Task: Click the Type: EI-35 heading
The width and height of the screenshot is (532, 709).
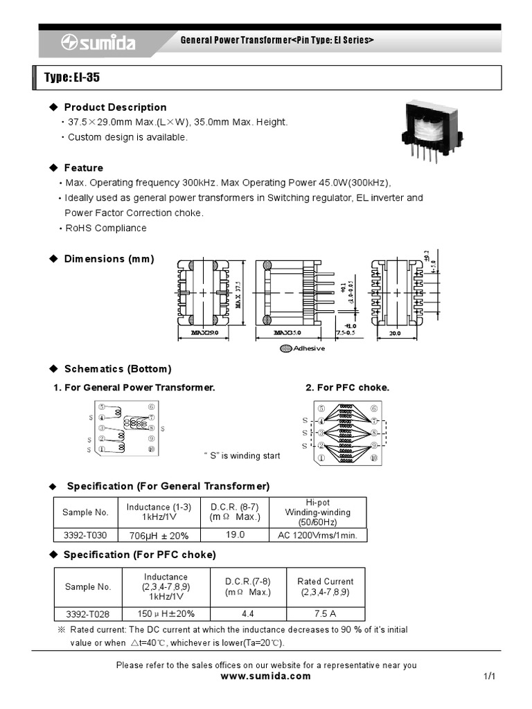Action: (73, 78)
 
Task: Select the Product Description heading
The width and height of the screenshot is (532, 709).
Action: (115, 107)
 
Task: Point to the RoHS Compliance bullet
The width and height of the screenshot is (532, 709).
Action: (106, 228)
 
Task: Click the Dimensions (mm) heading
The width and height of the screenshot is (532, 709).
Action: (109, 259)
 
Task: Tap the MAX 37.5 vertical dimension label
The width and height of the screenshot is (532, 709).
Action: (238, 294)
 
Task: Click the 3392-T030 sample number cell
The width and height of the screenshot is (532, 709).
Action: (85, 535)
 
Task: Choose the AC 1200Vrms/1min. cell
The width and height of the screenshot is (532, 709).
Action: (317, 535)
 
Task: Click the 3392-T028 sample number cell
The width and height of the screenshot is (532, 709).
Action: (88, 613)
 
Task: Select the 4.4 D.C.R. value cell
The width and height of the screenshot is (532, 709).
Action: (247, 613)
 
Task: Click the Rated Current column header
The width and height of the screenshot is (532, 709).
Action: (325, 586)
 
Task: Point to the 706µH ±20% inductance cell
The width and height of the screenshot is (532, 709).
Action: (159, 535)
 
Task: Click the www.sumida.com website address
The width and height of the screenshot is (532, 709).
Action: (265, 676)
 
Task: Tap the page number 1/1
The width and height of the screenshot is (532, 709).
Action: (489, 676)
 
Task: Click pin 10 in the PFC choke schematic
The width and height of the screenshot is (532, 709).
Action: (374, 458)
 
